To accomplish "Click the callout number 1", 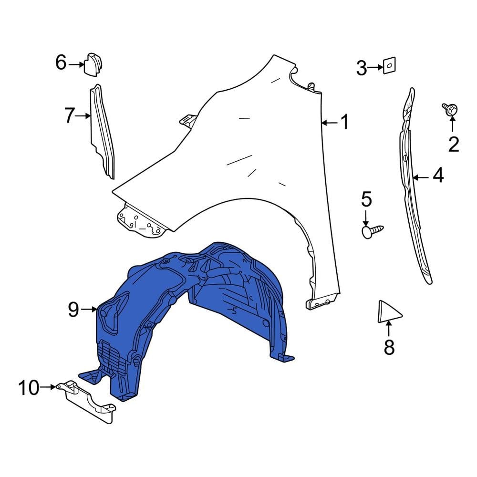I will click(x=344, y=123).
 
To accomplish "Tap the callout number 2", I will click(x=453, y=144).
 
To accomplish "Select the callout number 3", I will click(x=362, y=68).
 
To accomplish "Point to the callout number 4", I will click(x=437, y=176).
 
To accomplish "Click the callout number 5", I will click(x=366, y=199).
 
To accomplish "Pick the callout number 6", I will click(x=61, y=62).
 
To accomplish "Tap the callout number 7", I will click(x=70, y=115).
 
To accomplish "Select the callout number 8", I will click(x=389, y=347).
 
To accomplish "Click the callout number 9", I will click(x=73, y=310).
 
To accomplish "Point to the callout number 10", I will click(x=29, y=388).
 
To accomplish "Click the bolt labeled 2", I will click(x=450, y=109).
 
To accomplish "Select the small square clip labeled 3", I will click(x=390, y=65).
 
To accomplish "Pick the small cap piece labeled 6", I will click(x=94, y=65).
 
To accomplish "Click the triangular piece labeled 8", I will click(x=387, y=312).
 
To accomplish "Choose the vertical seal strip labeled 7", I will click(x=102, y=131).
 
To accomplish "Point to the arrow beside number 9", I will click(x=89, y=310).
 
